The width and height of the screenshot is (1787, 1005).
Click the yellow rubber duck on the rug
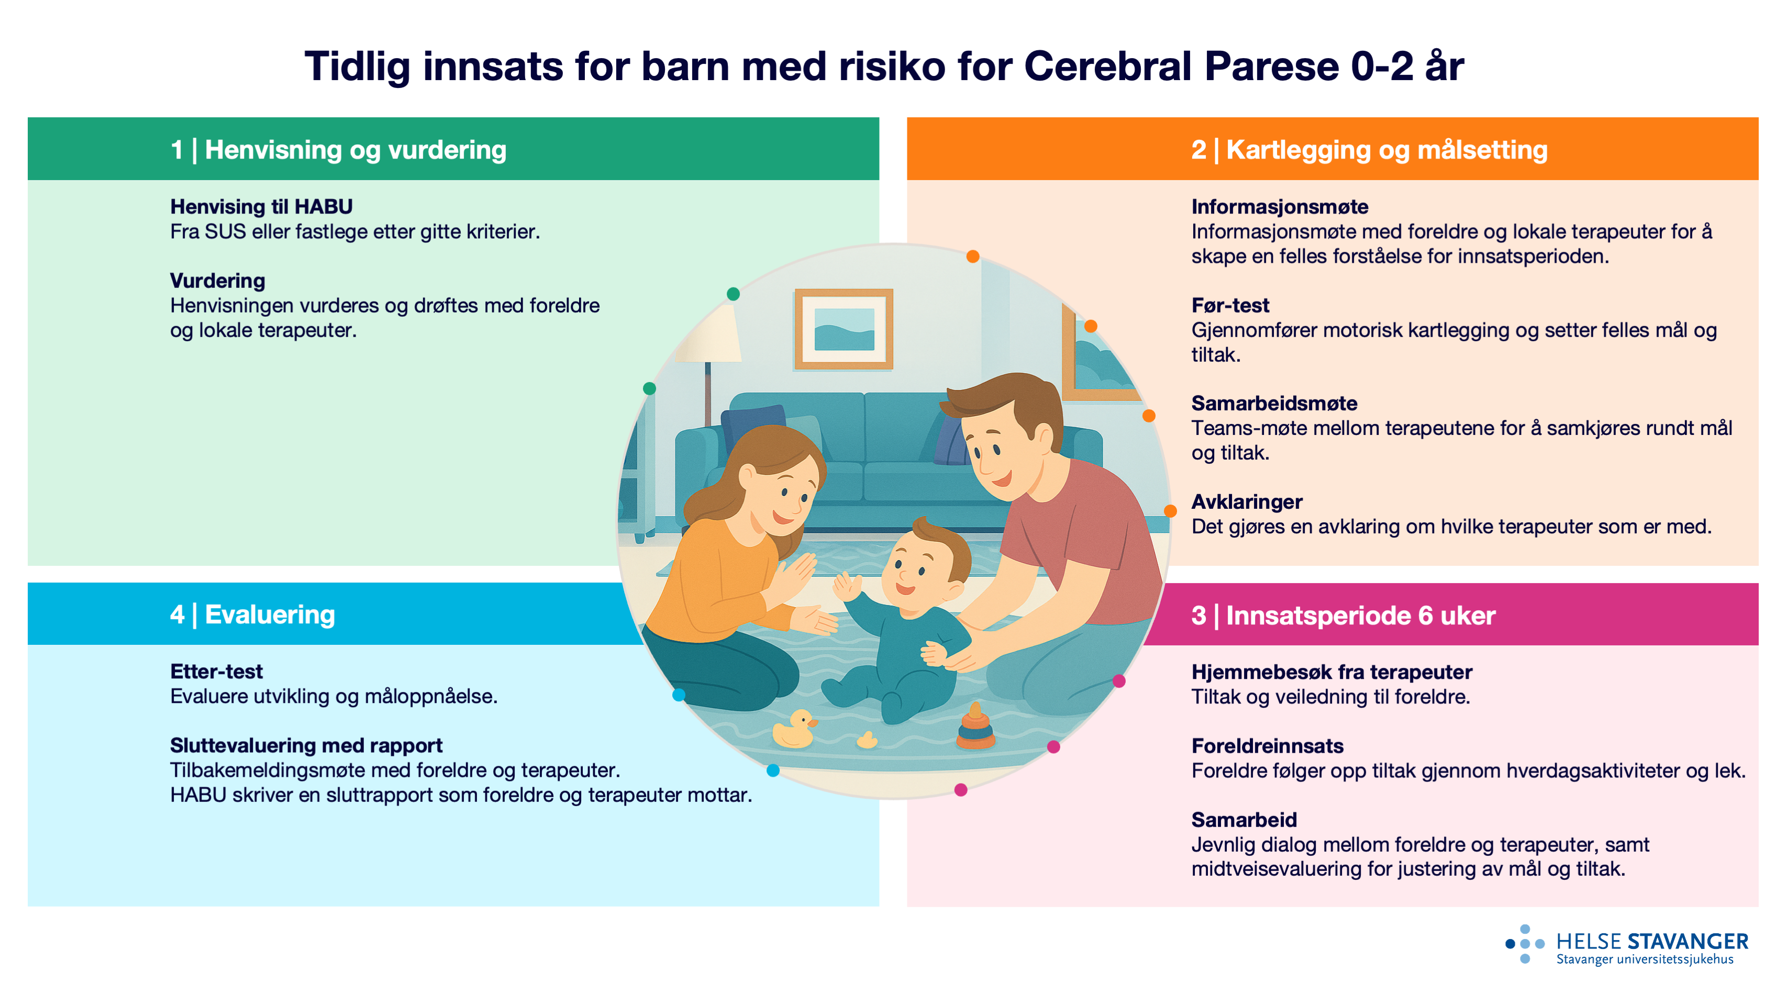tap(794, 730)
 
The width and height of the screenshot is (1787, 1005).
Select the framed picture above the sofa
tap(843, 329)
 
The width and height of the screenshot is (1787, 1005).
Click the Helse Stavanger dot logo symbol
tap(1524, 943)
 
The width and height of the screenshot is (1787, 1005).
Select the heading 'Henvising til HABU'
tap(261, 207)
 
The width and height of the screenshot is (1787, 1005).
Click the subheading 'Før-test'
tap(1230, 305)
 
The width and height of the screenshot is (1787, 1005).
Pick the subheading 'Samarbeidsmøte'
tap(1274, 403)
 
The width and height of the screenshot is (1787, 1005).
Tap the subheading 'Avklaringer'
tap(1247, 501)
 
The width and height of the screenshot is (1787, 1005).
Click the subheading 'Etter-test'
tap(216, 672)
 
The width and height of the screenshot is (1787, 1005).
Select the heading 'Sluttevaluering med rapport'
tap(306, 745)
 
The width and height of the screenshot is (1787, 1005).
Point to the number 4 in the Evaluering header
tap(177, 615)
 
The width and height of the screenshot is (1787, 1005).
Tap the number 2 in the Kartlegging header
tap(1198, 150)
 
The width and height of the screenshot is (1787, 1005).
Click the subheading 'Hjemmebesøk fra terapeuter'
tap(1331, 672)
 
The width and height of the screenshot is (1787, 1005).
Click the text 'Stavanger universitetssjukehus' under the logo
tap(1645, 959)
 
